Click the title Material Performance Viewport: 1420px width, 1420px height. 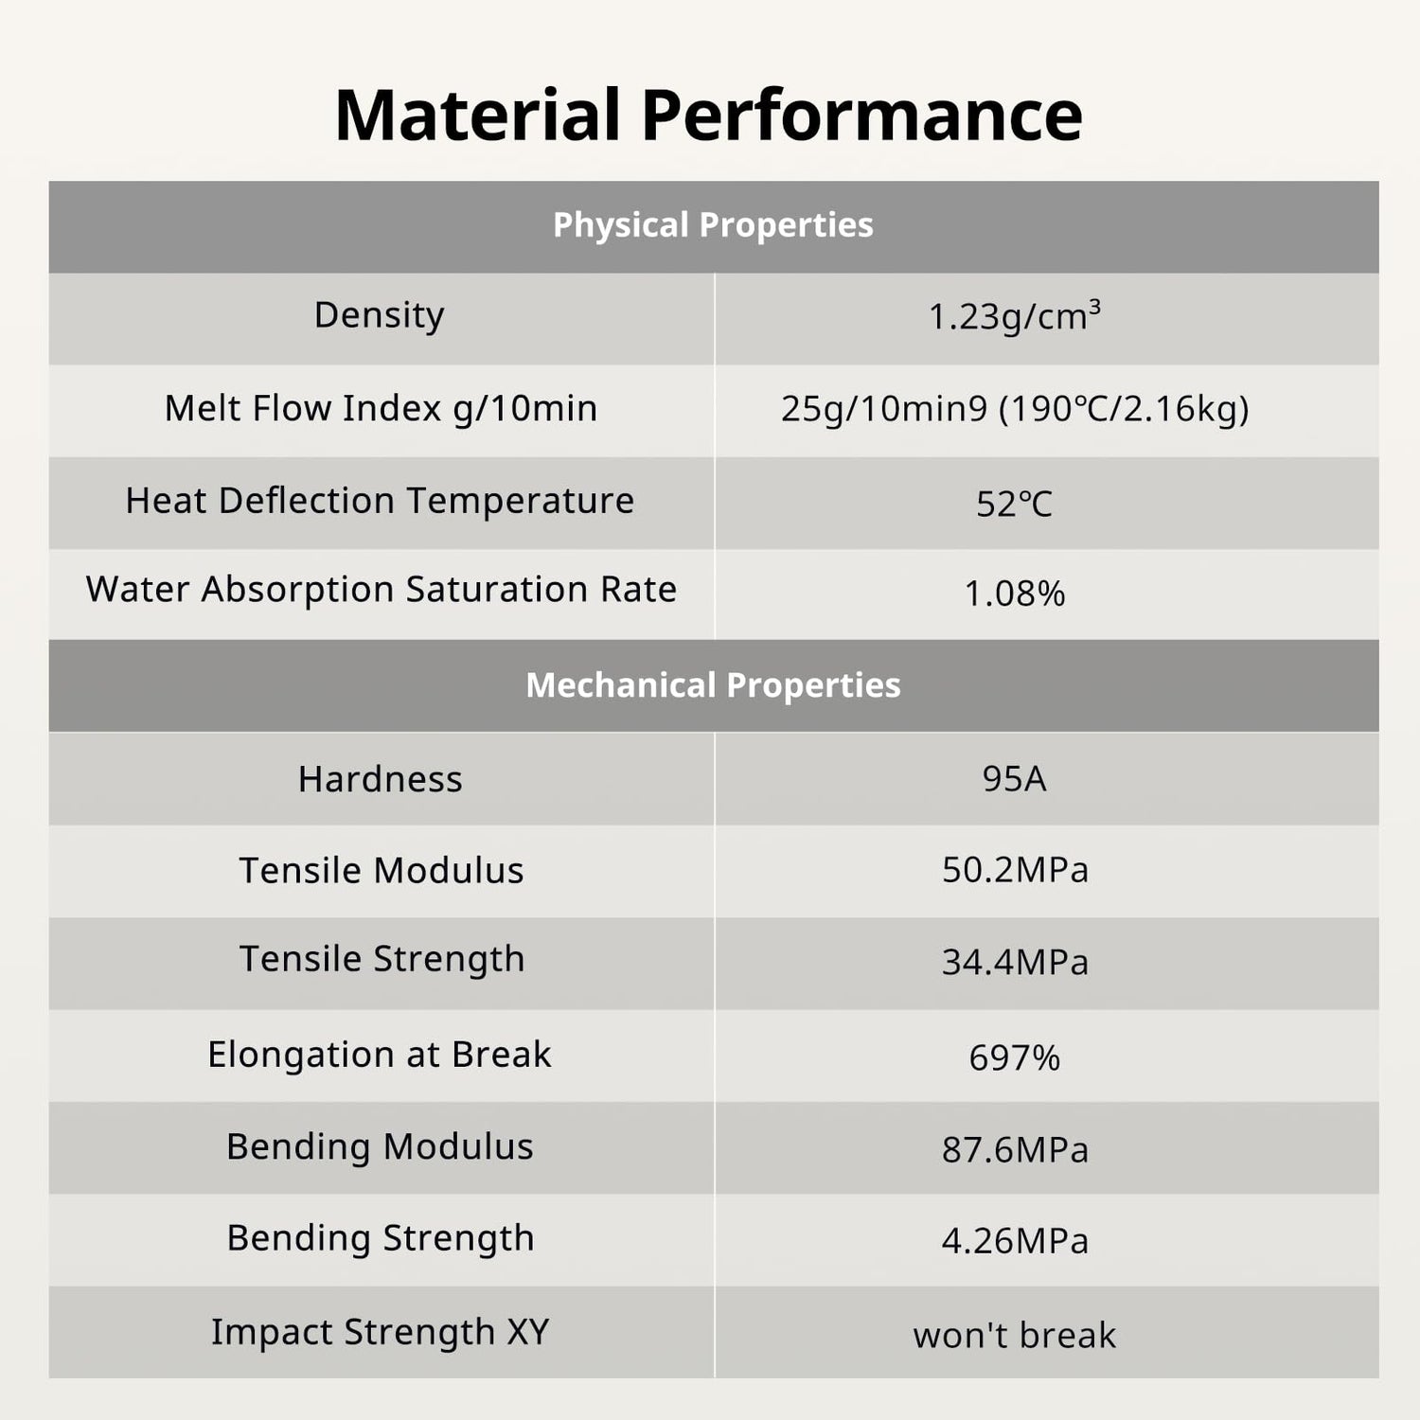pos(708,115)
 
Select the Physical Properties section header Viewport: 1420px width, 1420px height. pos(713,225)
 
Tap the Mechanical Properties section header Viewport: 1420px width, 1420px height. pos(713,685)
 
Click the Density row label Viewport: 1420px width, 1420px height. pos(379,315)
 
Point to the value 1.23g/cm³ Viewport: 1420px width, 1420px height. pos(1014,316)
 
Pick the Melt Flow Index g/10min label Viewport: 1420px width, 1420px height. pos(381,408)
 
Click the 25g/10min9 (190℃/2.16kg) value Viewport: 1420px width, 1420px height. pos(1015,409)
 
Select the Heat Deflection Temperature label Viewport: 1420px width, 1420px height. pos(380,501)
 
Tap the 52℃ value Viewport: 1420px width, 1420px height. pos(1014,504)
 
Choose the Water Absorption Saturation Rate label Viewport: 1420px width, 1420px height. pos(381,590)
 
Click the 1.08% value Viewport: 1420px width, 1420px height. pos(1014,594)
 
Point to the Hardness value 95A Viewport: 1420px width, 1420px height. pos(1014,778)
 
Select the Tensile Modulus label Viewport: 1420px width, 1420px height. pos(381,871)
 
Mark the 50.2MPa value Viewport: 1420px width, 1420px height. pos(1015,870)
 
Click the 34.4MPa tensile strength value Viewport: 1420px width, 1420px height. pos(1015,962)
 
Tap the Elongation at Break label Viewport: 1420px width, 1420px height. pos(379,1055)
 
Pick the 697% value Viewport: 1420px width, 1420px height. pos(1014,1057)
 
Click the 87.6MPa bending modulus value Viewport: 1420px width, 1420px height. pos(1015,1149)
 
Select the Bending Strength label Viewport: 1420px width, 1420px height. pos(381,1239)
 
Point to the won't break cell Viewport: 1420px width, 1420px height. pos(1014,1335)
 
